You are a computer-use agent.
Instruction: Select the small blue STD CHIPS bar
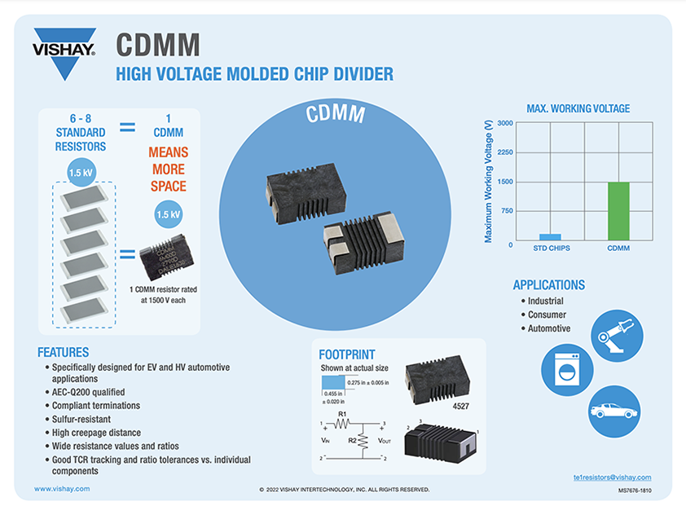(x=550, y=236)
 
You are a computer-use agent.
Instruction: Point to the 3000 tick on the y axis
(x=504, y=123)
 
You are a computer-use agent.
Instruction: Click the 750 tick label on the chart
(x=507, y=211)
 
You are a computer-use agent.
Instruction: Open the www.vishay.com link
(x=62, y=488)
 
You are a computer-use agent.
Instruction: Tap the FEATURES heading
(x=63, y=353)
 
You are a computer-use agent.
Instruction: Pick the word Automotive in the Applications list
(x=549, y=328)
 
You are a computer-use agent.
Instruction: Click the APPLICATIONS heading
(x=548, y=285)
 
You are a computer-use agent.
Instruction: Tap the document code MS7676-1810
(x=629, y=491)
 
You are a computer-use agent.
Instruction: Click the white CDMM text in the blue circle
(x=336, y=114)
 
